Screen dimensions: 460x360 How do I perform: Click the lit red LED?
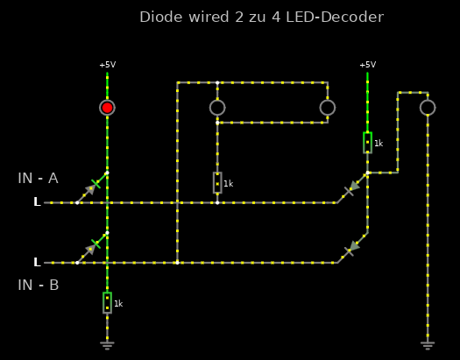coord(107,108)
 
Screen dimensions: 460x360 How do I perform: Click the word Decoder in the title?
coord(352,17)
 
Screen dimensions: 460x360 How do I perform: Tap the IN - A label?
coord(39,178)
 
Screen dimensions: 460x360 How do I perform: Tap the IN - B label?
coord(39,285)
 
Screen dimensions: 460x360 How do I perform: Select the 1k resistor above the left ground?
coord(108,302)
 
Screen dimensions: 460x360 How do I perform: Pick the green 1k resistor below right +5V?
coord(368,143)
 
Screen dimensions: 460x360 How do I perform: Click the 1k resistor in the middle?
coord(217,183)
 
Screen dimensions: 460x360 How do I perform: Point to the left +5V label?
coord(108,65)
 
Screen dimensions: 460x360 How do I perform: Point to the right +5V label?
coord(368,65)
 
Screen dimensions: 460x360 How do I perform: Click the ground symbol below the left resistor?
coord(107,345)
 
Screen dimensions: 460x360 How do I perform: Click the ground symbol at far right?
coord(428,345)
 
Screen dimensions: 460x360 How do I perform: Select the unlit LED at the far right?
coord(428,108)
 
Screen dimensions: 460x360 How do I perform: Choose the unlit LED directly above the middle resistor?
coord(217,108)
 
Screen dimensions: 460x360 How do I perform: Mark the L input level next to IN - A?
coord(37,201)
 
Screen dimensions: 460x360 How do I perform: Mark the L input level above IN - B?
coord(37,262)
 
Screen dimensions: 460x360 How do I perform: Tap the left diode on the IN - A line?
coord(92,187)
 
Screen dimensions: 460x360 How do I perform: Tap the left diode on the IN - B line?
coord(92,248)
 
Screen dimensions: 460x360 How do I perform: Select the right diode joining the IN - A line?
coord(352,188)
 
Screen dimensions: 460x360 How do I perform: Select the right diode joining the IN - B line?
coord(352,248)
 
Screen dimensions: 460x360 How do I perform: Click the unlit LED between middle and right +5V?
coord(328,108)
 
